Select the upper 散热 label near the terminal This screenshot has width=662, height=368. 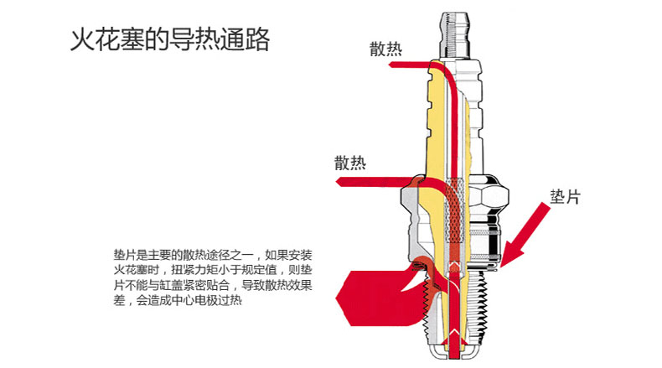click(x=385, y=49)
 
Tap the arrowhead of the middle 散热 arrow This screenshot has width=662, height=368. click(x=339, y=180)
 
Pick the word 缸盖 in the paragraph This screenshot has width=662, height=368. click(x=182, y=285)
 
